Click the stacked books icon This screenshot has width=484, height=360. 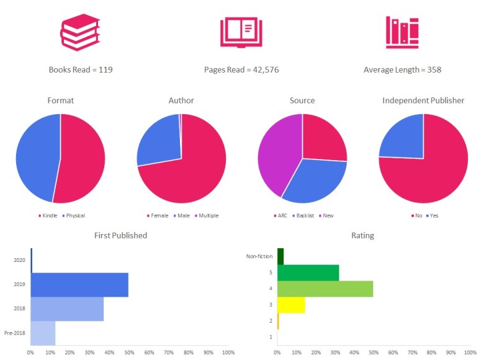[x=80, y=32]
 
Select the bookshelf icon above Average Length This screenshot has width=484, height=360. [x=402, y=32]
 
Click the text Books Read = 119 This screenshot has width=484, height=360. [x=81, y=70]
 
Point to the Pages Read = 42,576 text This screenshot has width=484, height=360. [x=241, y=70]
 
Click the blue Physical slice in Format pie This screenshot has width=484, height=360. [x=36, y=158]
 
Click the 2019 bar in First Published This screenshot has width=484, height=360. [x=79, y=284]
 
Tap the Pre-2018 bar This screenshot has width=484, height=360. [x=43, y=333]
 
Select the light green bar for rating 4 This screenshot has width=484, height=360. [x=325, y=288]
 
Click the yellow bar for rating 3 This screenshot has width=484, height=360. [x=291, y=304]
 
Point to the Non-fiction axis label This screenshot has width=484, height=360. [x=260, y=255]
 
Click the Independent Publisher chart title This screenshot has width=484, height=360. [x=423, y=101]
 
